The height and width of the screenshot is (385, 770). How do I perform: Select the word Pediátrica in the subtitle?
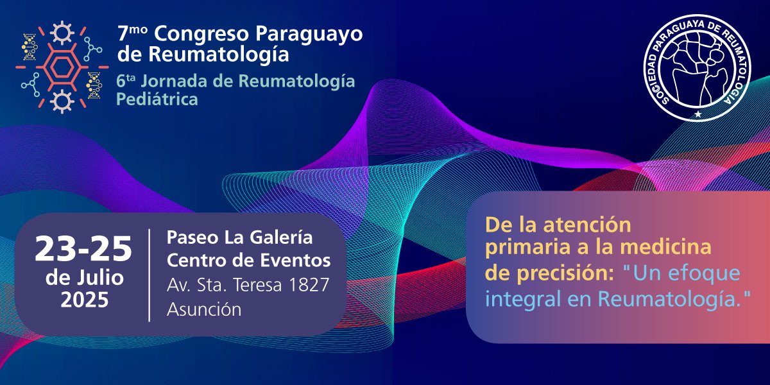pos(157,100)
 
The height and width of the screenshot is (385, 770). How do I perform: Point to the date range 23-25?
pos(83,248)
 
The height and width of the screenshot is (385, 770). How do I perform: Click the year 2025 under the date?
pos(84,300)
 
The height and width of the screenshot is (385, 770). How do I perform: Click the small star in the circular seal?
pos(698,114)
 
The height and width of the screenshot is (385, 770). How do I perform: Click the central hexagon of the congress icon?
pos(62,66)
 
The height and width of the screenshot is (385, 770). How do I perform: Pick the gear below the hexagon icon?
pos(62,101)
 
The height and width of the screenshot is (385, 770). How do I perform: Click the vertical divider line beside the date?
pos(150,274)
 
